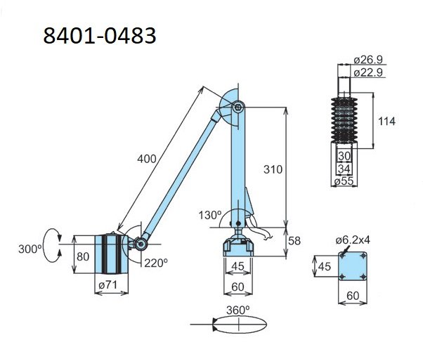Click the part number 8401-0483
click(x=100, y=36)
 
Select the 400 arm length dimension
click(x=146, y=159)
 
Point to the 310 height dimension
click(x=273, y=169)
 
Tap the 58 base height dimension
click(x=294, y=240)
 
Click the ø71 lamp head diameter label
click(x=108, y=284)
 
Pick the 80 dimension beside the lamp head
click(x=83, y=256)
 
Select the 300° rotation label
click(x=30, y=249)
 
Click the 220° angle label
click(x=156, y=263)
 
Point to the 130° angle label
click(x=210, y=215)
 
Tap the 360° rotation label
click(x=237, y=310)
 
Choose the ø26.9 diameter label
click(x=368, y=60)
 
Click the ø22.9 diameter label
click(x=368, y=72)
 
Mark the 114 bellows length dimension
click(x=386, y=122)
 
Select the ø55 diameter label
click(x=344, y=181)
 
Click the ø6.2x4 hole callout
click(x=353, y=239)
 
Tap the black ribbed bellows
click(x=344, y=120)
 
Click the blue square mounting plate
click(x=353, y=266)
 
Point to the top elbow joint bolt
click(x=238, y=107)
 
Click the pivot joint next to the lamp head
click(x=141, y=244)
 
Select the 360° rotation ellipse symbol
click(x=240, y=324)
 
